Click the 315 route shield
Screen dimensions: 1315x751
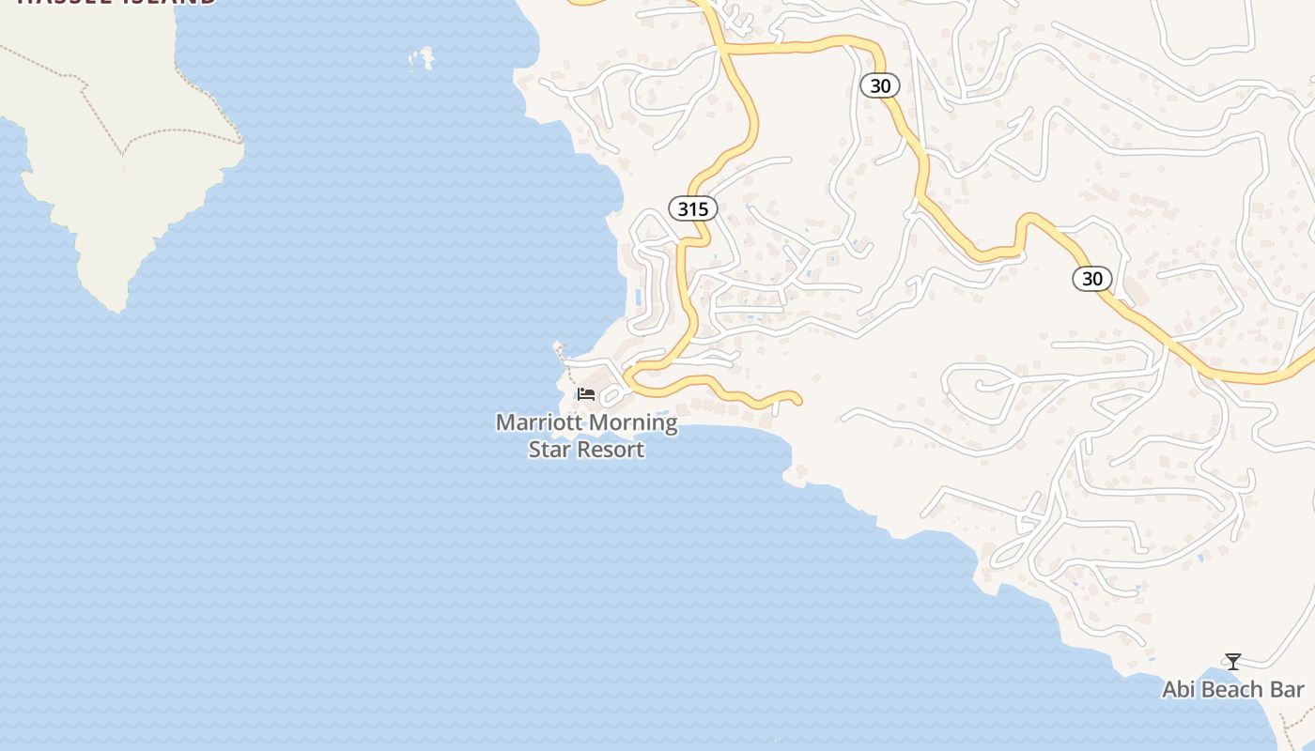(693, 208)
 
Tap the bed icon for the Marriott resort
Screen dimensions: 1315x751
(586, 393)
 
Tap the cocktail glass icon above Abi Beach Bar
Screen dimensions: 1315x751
(1233, 662)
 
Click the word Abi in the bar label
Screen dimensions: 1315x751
(1180, 690)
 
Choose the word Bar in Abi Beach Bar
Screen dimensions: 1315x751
(1288, 690)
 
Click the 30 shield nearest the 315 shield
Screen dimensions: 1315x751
(880, 86)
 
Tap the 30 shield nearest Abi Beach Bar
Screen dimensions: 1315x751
(1092, 279)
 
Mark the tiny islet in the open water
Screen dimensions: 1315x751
(423, 58)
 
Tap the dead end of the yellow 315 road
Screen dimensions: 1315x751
(797, 402)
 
